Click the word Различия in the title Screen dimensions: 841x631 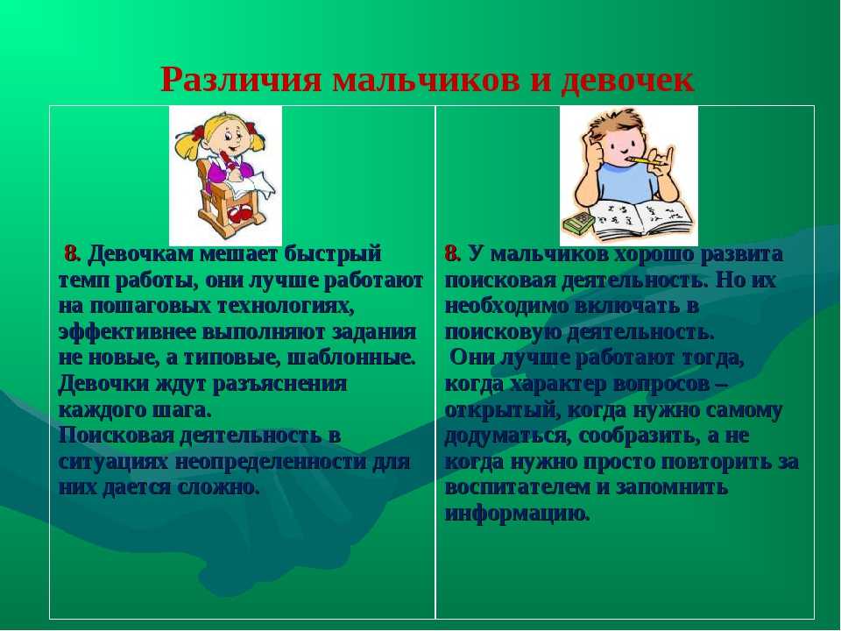(241, 81)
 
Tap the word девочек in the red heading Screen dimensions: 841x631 (627, 81)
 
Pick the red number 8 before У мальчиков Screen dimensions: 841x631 (452, 254)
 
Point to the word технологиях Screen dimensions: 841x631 (286, 306)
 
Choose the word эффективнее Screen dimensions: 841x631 (126, 332)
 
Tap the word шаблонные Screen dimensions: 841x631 (351, 358)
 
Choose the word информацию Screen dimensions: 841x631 (518, 514)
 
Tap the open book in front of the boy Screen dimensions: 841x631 (643, 218)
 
